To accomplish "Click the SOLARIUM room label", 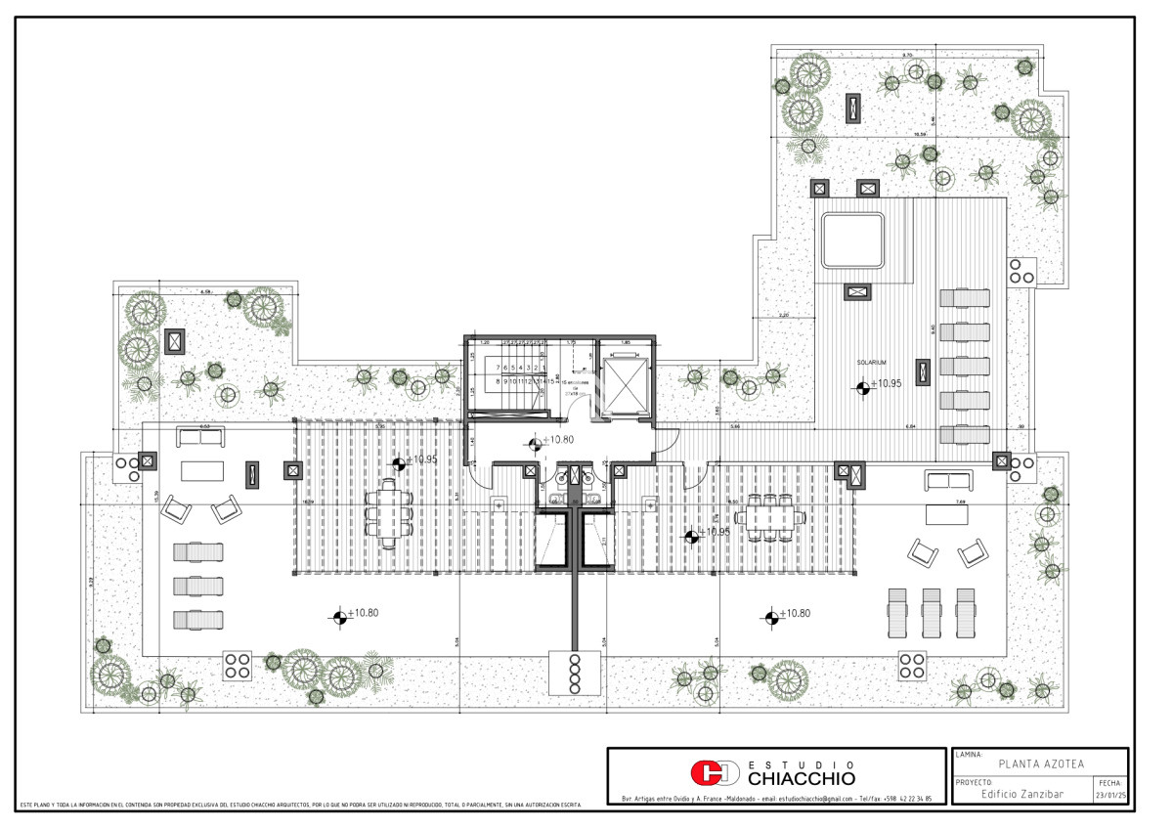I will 870,362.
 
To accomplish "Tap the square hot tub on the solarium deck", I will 853,240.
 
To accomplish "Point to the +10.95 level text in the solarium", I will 887,384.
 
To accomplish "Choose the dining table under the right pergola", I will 768,516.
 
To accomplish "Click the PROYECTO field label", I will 975,783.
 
